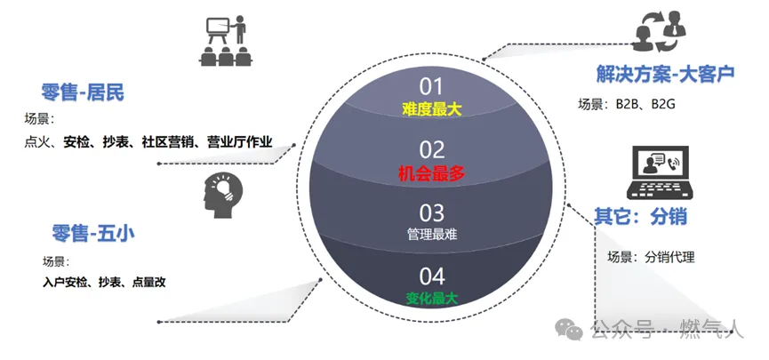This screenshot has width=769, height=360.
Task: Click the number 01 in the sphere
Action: click(x=431, y=86)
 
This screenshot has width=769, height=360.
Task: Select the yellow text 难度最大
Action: click(x=431, y=109)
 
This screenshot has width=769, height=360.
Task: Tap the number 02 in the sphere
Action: click(x=431, y=149)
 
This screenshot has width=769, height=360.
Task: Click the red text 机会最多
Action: click(x=431, y=174)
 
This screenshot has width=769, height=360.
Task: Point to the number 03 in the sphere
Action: click(x=431, y=213)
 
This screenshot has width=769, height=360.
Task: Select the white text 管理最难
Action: click(x=431, y=235)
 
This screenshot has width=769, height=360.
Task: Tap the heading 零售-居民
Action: click(x=83, y=92)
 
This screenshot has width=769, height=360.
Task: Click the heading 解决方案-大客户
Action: click(x=666, y=73)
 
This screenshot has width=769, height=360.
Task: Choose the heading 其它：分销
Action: click(x=641, y=216)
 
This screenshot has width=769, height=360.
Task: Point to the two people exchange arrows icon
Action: click(x=661, y=31)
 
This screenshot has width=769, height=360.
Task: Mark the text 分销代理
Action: click(x=669, y=258)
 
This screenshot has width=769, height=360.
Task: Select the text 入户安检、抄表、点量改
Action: click(x=104, y=282)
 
